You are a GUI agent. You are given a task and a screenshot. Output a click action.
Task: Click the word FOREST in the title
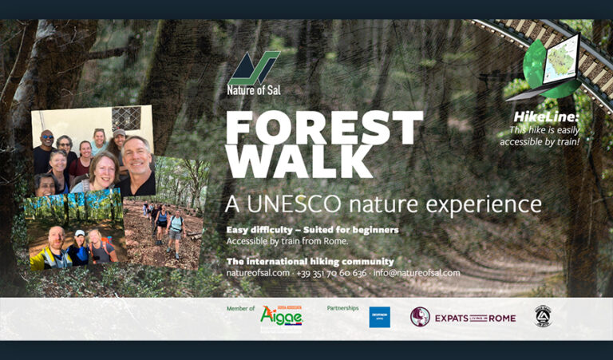point(324,128)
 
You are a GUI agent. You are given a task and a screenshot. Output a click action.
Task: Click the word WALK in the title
point(300,163)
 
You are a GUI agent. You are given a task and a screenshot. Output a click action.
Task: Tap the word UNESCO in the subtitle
point(305,204)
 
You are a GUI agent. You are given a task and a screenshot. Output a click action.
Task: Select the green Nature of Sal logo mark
point(254,68)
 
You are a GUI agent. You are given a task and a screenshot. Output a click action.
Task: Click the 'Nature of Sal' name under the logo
point(254,90)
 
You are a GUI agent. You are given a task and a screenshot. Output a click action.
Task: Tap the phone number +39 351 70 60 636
point(331,273)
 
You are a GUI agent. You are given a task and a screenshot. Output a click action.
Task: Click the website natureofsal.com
point(258,273)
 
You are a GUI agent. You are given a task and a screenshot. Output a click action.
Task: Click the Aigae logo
point(281,316)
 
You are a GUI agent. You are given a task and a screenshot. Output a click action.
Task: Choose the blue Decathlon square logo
point(380,317)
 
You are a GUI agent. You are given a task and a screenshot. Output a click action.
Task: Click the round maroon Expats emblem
point(420,317)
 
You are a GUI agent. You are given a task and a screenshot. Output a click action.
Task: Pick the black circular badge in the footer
point(543,316)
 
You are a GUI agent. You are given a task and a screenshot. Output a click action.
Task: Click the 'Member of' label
point(240,308)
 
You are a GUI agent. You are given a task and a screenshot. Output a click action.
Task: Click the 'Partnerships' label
point(342,307)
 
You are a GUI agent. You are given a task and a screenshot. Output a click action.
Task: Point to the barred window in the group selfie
point(125,118)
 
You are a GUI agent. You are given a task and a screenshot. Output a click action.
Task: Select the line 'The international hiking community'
point(310,261)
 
